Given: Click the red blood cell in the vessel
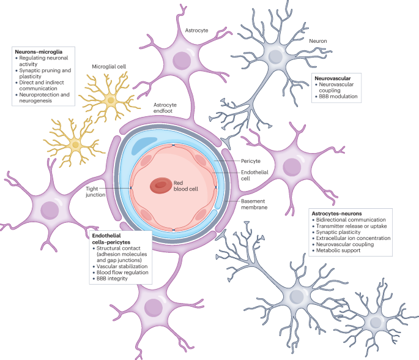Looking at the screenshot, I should point(161,185).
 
